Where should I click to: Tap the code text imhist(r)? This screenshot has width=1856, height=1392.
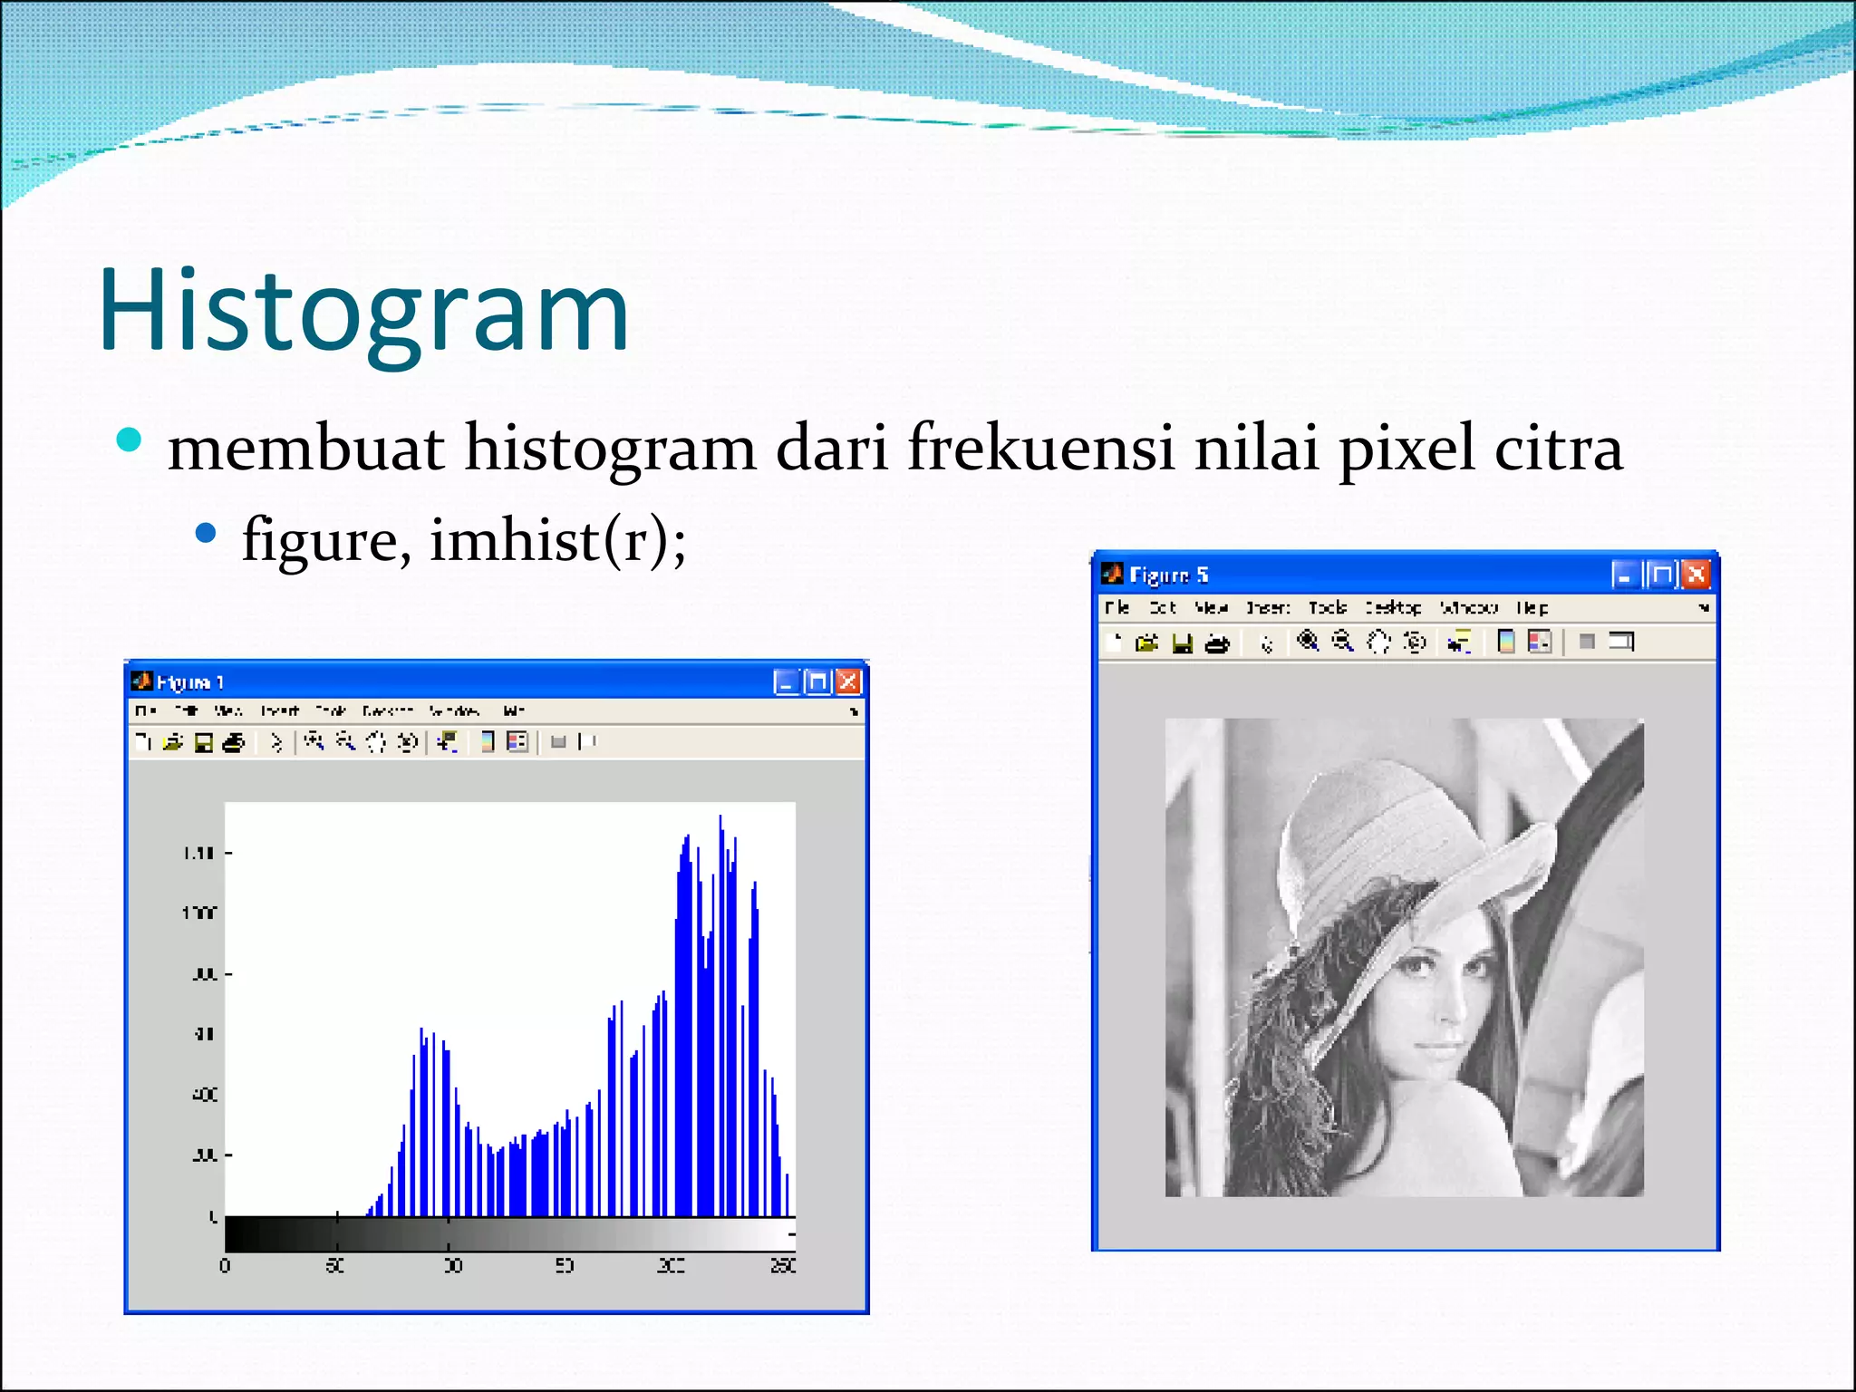557,541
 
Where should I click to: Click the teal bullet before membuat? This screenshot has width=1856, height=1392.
130,440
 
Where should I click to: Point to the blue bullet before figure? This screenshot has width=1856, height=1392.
207,533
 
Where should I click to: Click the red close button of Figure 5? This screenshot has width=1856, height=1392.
1696,575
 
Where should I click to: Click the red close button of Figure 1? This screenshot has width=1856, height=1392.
848,681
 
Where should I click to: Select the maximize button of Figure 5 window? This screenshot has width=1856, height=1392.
1661,575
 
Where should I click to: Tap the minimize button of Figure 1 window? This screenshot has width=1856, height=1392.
786,681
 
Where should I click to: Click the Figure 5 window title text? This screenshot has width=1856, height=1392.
1168,575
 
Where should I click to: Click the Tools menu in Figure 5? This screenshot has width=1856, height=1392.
1327,608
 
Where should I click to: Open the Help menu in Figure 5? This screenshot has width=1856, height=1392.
1532,608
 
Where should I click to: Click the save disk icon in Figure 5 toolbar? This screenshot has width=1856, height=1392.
1182,643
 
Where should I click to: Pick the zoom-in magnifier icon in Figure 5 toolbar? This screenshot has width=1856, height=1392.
1307,642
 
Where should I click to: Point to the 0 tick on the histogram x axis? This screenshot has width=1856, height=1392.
225,1265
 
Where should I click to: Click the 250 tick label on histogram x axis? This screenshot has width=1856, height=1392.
783,1265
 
